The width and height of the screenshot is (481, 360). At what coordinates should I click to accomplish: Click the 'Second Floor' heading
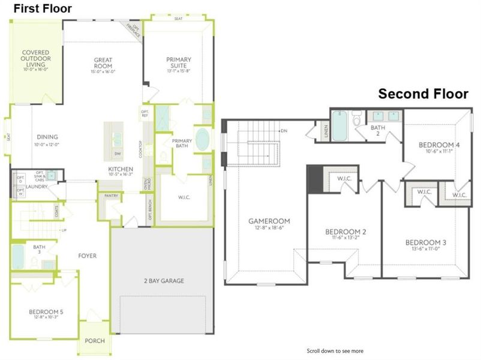pos(422,94)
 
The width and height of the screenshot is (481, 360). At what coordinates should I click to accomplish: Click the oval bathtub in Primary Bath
pos(203,140)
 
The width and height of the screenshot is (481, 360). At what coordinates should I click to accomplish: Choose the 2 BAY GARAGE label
pos(163,280)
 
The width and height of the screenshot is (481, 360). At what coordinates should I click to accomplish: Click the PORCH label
pos(94,341)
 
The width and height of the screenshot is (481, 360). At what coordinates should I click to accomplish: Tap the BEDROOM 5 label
pos(46,312)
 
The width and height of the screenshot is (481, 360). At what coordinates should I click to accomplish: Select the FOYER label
pos(88,256)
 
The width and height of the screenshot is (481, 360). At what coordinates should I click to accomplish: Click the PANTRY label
pos(112,196)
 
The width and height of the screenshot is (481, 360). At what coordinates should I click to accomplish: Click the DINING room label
pos(47,137)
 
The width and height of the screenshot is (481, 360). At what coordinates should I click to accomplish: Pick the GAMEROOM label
pos(264,221)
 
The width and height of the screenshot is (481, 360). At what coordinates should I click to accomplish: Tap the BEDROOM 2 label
pos(345,232)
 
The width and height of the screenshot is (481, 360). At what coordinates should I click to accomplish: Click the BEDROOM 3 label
pos(425,242)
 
